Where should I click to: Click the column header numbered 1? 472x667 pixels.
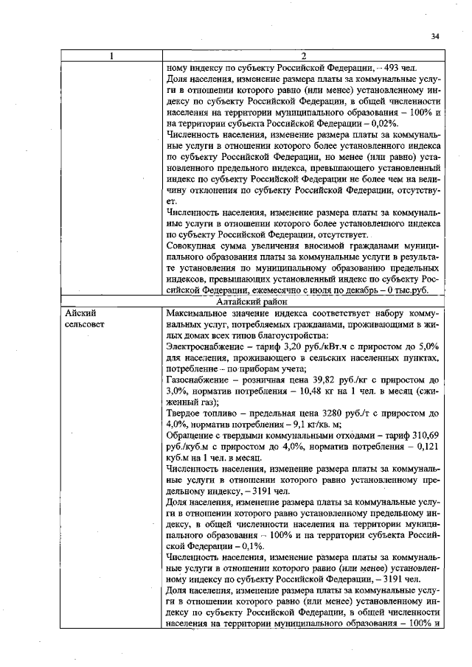coord(111,56)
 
